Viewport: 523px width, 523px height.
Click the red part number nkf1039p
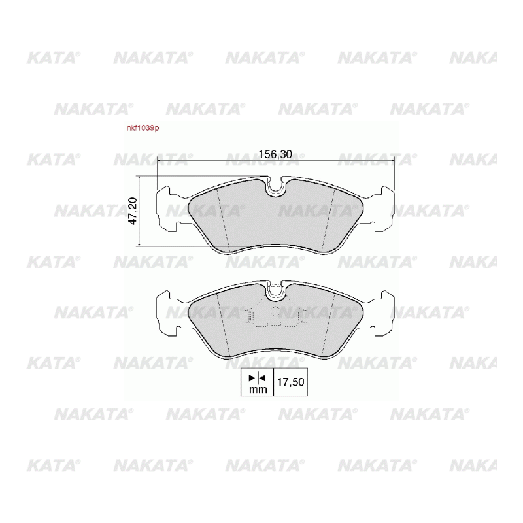pyautogui.click(x=143, y=128)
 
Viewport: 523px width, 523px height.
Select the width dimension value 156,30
pyautogui.click(x=275, y=154)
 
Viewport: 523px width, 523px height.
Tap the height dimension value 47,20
pyautogui.click(x=133, y=211)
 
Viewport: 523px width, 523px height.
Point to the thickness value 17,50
pyautogui.click(x=291, y=382)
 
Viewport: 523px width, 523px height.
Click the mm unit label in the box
pyautogui.click(x=258, y=389)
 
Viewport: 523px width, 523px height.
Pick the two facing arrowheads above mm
pyautogui.click(x=257, y=378)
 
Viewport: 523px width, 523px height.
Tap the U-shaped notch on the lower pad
pyautogui.click(x=275, y=290)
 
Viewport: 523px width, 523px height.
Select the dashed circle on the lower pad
pyautogui.click(x=276, y=312)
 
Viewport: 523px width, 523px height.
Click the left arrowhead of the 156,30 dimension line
pyautogui.click(x=159, y=160)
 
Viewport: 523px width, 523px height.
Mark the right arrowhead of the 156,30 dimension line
pyautogui.click(x=392, y=160)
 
